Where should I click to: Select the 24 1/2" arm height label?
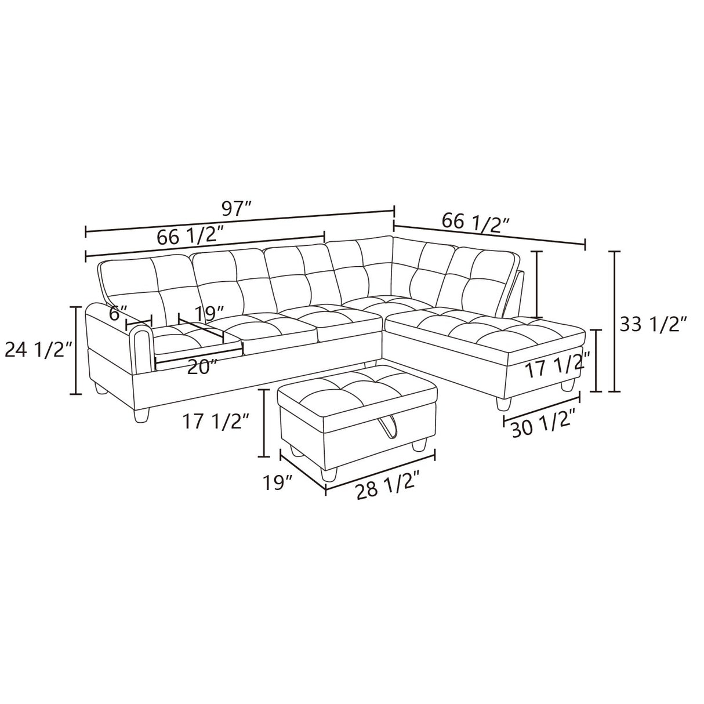tap(38, 350)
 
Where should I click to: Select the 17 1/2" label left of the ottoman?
tap(216, 422)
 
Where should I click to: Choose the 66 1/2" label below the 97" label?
tap(190, 236)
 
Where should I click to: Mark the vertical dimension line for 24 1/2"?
tap(75, 350)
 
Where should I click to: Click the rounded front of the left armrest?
tap(141, 348)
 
